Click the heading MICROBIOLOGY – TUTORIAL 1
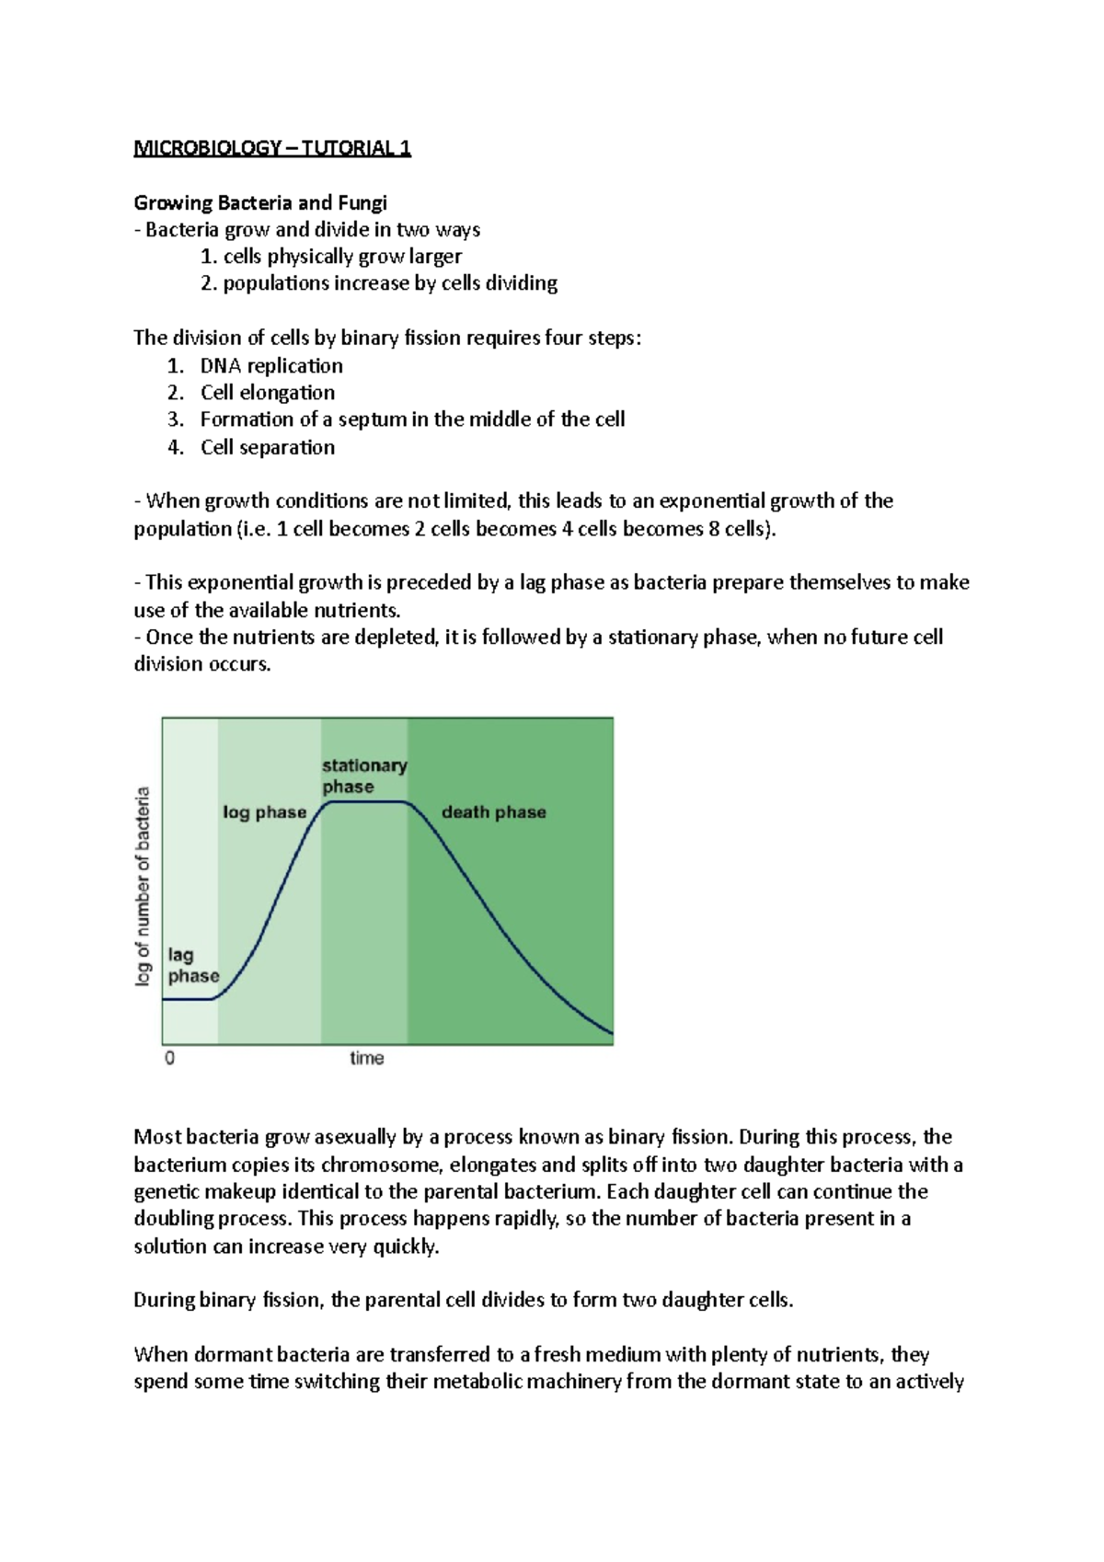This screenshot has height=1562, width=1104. coord(272,148)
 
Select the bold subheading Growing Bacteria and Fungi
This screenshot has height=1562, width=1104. coord(260,202)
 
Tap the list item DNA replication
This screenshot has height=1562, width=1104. coord(271,365)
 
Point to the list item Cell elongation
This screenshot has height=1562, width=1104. coord(268,393)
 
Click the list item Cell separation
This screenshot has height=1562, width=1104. coord(268,447)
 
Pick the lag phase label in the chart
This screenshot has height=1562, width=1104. coord(193,966)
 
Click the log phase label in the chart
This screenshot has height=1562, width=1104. coord(265,812)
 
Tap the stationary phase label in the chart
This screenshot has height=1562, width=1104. coord(364,775)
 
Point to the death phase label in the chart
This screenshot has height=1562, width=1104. coord(494,812)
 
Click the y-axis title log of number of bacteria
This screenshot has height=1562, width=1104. coord(144,886)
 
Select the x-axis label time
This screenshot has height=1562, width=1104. coord(366,1059)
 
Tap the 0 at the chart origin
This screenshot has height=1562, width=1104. coord(170,1059)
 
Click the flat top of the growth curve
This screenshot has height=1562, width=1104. coord(366,802)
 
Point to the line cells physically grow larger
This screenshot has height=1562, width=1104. coord(331,257)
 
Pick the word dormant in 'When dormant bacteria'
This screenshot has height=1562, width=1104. coord(227,1354)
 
